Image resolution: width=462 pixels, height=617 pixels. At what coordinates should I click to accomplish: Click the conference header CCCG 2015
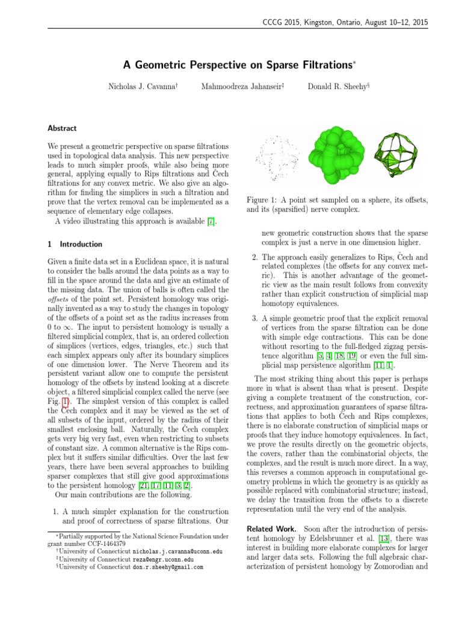[283, 22]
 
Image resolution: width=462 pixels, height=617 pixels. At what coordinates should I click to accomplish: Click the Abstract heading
[62, 128]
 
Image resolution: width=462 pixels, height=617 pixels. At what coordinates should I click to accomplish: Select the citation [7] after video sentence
[210, 222]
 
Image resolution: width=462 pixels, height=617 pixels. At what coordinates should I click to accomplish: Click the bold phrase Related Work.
[269, 528]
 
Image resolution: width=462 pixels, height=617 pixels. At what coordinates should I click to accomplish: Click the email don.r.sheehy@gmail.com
[168, 567]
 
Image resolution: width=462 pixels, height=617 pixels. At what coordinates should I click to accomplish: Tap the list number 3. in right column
[255, 318]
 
